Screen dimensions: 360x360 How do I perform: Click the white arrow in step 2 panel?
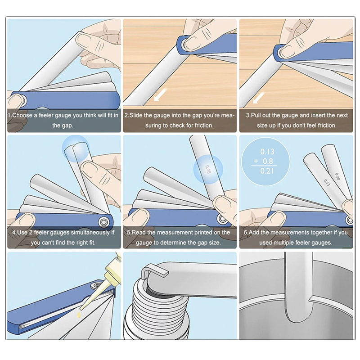pos(160,95)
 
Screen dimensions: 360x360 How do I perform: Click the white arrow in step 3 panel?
pos(259,97)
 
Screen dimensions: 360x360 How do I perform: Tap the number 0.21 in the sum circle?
pos(267,171)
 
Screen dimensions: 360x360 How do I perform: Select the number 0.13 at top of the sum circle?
pos(267,152)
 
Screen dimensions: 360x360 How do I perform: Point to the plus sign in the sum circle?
pos(256,161)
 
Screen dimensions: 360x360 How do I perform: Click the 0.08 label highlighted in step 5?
pos(208,170)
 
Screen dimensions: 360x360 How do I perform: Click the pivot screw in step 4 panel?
pos(103,222)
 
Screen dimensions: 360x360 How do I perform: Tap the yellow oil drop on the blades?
pos(80,315)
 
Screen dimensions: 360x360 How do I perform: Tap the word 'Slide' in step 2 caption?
pos(136,115)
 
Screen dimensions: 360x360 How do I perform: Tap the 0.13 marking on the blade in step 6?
pos(327,183)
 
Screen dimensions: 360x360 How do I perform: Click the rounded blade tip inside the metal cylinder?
pos(298,319)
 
